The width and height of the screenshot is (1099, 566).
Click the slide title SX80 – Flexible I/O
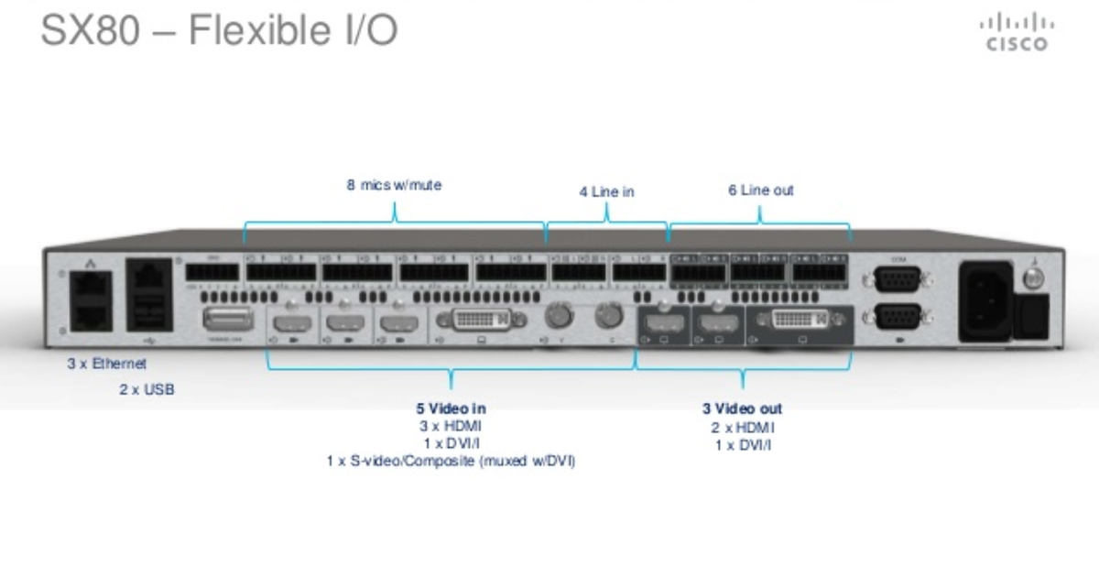tap(219, 29)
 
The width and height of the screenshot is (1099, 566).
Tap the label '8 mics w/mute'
tap(394, 185)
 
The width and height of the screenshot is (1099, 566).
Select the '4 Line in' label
tap(606, 192)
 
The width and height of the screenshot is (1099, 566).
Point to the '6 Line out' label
tap(760, 190)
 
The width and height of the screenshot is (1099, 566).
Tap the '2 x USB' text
tap(147, 389)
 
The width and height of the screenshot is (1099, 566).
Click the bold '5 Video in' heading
tap(451, 408)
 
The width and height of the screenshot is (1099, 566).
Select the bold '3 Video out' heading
tap(742, 408)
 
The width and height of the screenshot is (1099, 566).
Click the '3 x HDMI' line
tap(451, 426)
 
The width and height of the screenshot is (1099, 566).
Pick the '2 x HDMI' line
tap(742, 427)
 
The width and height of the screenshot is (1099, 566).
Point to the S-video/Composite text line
tap(451, 462)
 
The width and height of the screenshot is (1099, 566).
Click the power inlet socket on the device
tap(985, 301)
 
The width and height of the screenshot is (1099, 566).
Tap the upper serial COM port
tap(897, 279)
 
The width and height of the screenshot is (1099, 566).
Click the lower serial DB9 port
tap(897, 317)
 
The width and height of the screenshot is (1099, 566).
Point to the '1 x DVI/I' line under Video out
tap(742, 445)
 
